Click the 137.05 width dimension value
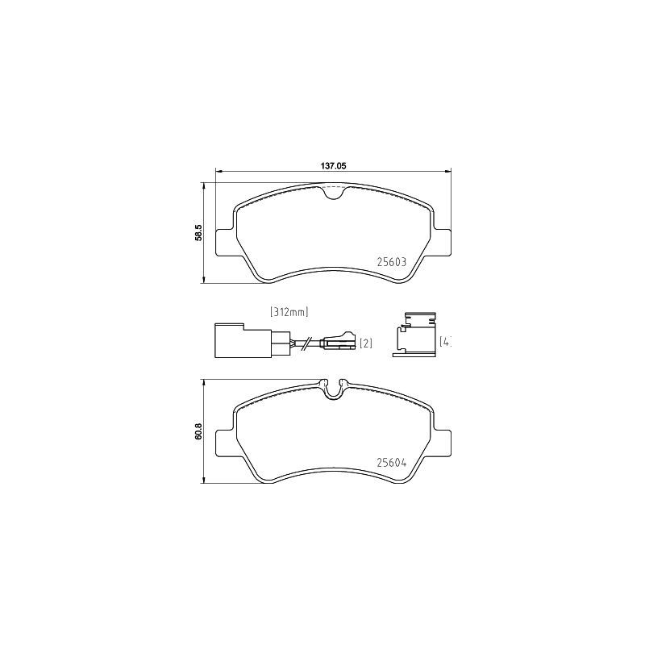tap(333, 165)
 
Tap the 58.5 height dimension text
tap(198, 233)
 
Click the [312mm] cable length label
tap(289, 311)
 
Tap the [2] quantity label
tap(365, 344)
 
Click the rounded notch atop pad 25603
tap(332, 192)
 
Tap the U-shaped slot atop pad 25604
tap(332, 389)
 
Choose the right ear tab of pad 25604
tap(443, 440)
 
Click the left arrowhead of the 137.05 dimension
tap(217, 171)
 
